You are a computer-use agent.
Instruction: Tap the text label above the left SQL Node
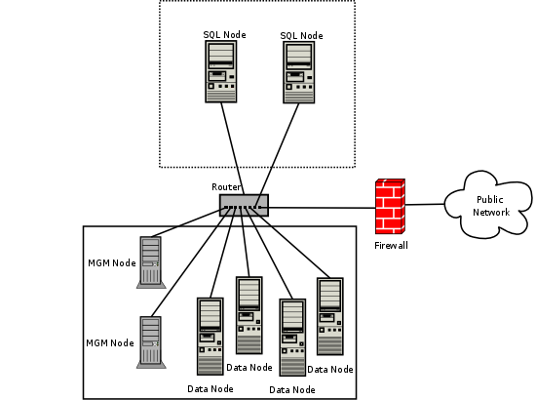point(224,35)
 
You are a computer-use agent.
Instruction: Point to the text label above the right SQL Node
point(301,35)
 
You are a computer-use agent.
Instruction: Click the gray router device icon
point(244,204)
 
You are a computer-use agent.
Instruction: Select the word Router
point(226,186)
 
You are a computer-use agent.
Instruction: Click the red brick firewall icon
point(391,205)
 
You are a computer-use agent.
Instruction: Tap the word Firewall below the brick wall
point(391,246)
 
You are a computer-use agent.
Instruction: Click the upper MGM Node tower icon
point(150,260)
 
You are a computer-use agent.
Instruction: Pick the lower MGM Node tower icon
point(150,340)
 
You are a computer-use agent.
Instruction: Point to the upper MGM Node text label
point(110,262)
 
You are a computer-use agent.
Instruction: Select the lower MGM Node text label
point(110,342)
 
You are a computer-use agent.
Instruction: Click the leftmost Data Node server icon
point(211,336)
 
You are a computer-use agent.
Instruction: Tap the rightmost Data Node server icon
point(330,317)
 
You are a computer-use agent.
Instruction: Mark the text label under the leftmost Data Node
point(211,388)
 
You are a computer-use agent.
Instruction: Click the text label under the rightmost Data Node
point(330,369)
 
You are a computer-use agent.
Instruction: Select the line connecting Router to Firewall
point(322,207)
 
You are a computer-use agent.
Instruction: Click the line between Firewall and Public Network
point(425,204)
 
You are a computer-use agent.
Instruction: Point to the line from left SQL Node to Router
point(231,146)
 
